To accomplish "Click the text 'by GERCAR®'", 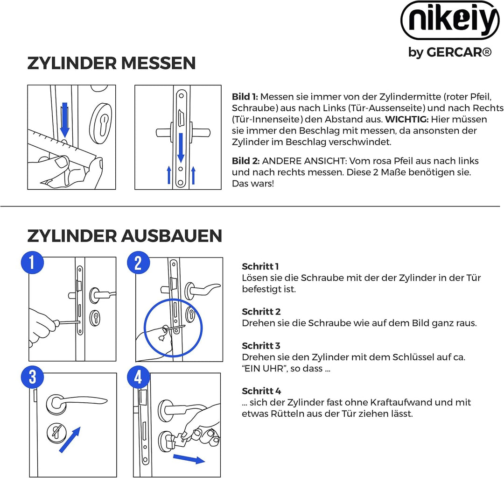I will point(450,52).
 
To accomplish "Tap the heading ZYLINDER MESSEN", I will point(111,63).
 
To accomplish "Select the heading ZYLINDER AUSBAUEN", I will point(125,236).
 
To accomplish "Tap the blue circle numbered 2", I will point(138,263).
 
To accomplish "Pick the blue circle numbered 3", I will point(32,377).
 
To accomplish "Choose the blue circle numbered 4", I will point(138,377).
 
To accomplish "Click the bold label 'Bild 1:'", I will point(245,97).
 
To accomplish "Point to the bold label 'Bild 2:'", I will point(245,161).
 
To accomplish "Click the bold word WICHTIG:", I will point(406,120).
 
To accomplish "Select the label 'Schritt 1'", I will point(260,266).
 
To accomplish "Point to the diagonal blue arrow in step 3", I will point(70,439).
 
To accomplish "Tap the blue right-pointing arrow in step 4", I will point(189,459).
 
